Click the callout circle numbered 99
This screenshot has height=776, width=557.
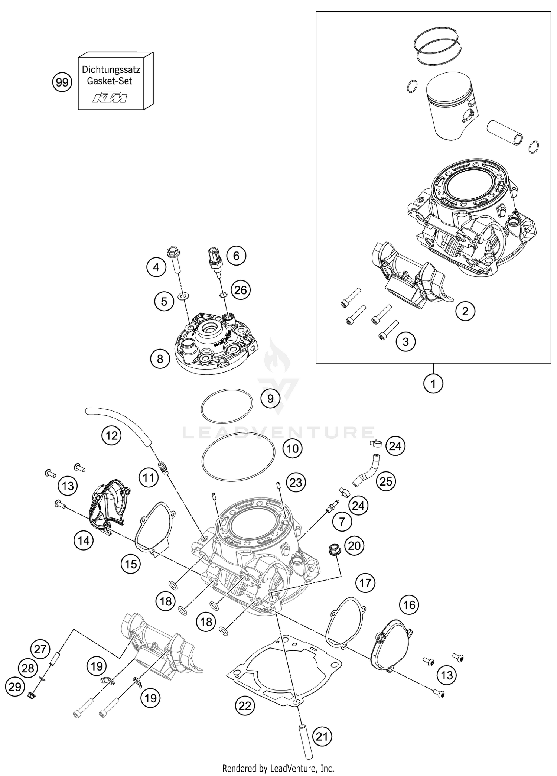(61, 82)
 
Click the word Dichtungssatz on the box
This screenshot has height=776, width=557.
(111, 69)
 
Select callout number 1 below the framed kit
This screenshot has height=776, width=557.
(433, 383)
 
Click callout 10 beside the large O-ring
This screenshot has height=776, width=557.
(293, 448)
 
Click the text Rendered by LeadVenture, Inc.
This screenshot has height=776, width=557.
(278, 768)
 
